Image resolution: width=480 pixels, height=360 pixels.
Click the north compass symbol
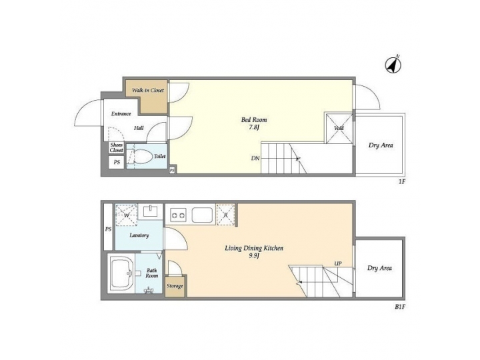(392, 65)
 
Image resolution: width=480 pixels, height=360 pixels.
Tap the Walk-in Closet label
(147, 90)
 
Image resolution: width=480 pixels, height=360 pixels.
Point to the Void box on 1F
(338, 127)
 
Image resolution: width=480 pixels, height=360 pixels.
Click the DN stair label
(255, 159)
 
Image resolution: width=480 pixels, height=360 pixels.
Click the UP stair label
(338, 263)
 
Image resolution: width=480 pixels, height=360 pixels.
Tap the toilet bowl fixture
(141, 157)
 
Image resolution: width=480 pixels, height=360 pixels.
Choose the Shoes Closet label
(117, 148)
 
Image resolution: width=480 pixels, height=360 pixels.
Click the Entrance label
(121, 114)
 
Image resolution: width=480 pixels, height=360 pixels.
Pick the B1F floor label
(400, 307)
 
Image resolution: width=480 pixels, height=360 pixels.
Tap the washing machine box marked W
(126, 215)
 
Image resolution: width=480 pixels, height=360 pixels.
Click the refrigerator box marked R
(226, 215)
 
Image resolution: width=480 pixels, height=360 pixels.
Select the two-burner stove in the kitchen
(178, 215)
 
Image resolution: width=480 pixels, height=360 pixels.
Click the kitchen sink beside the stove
(203, 215)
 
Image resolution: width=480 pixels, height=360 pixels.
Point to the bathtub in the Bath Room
(122, 273)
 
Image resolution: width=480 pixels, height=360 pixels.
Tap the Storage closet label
(175, 287)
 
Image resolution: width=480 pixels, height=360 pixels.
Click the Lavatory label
(139, 235)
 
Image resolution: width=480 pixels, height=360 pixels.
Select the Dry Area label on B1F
(379, 268)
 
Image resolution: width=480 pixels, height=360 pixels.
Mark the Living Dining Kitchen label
(254, 248)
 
